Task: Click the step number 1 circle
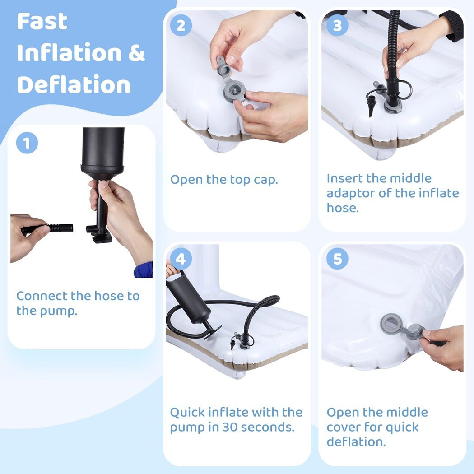(x=27, y=143)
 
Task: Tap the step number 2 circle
(x=181, y=25)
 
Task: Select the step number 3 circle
(x=337, y=25)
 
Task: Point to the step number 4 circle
(x=181, y=259)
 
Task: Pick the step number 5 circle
(x=337, y=259)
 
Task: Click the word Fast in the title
(x=42, y=21)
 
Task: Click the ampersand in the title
(x=137, y=53)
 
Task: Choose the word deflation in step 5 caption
(x=357, y=441)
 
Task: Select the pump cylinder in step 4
(x=188, y=302)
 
